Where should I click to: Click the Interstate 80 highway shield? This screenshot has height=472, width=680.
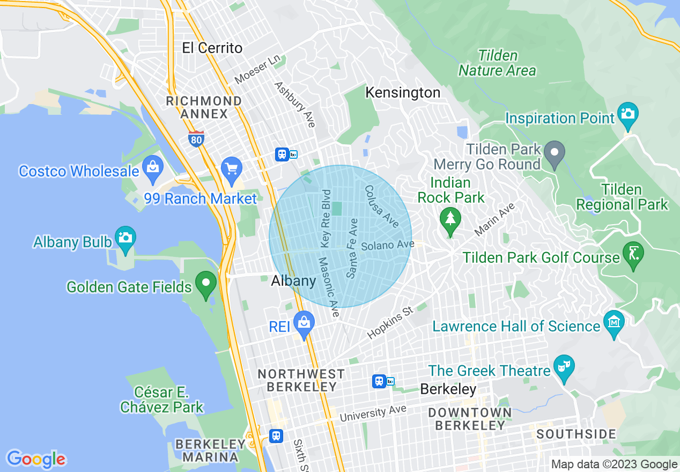tap(196, 139)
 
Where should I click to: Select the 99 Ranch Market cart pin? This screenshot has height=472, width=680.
tap(232, 170)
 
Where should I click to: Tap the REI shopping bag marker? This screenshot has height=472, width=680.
tap(304, 323)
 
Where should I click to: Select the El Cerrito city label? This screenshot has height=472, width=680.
tap(212, 48)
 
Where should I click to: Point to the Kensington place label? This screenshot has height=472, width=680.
tap(403, 93)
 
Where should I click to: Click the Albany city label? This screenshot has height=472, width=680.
tap(293, 281)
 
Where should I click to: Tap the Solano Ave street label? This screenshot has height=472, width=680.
tap(388, 246)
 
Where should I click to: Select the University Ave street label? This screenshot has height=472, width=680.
tap(373, 414)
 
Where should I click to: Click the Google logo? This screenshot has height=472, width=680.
tap(36, 459)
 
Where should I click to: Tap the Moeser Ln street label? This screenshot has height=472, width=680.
tap(257, 69)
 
